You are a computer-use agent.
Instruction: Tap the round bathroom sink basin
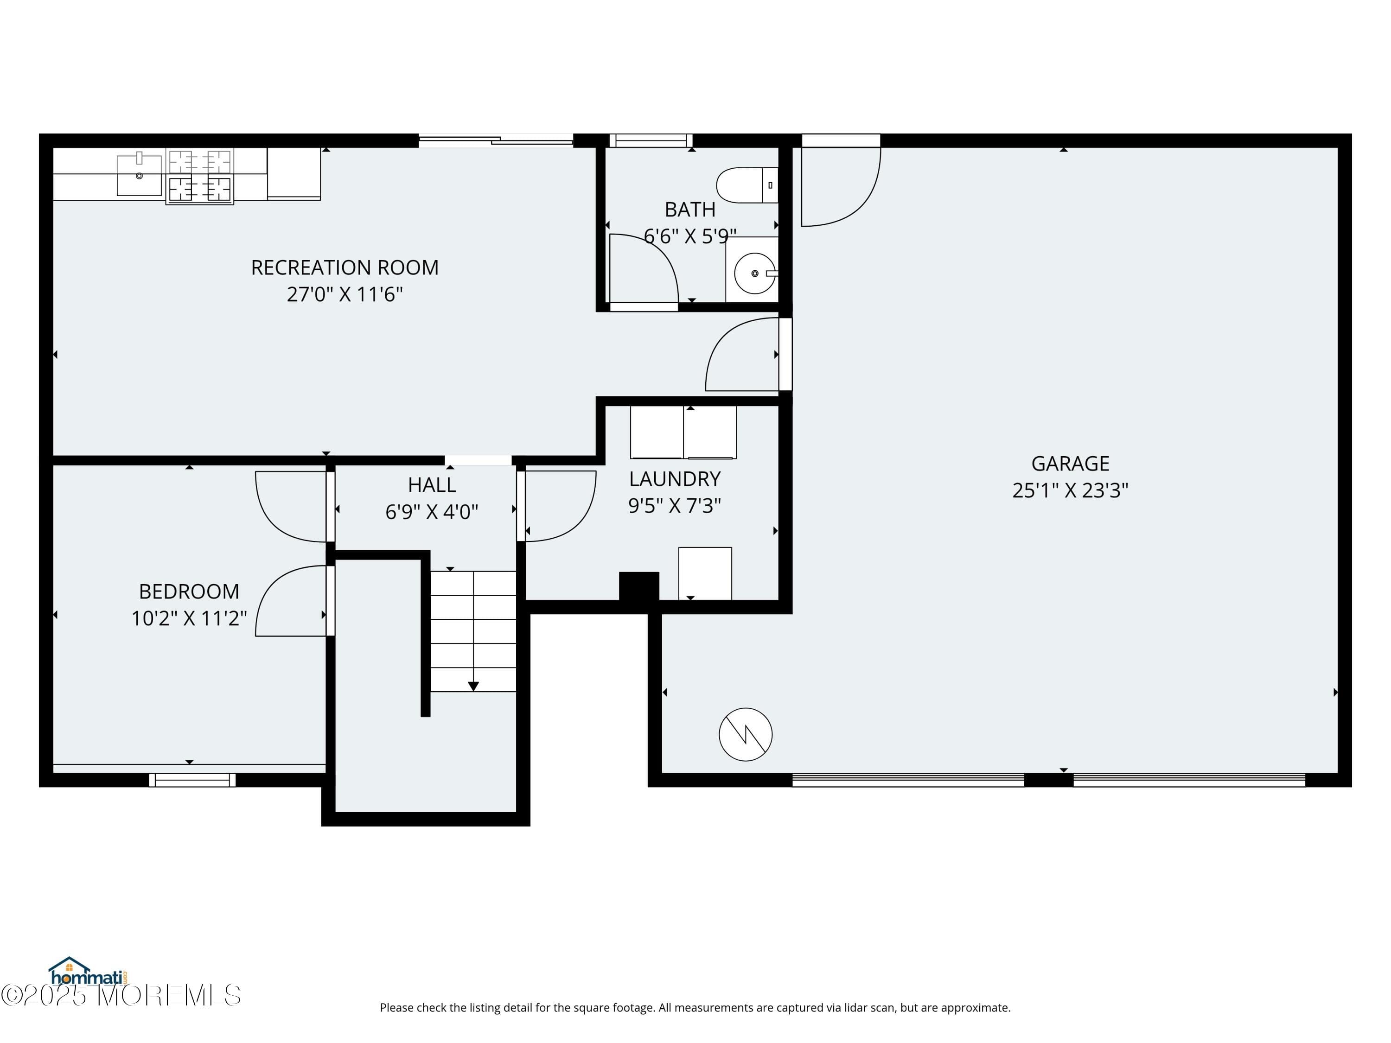[x=754, y=273]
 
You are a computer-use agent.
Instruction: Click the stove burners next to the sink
[x=200, y=176]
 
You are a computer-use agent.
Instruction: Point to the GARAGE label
[x=1070, y=464]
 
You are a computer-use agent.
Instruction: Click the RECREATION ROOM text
[x=345, y=268]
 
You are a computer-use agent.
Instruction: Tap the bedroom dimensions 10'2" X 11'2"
[x=189, y=619]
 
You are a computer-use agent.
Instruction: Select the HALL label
[x=432, y=485]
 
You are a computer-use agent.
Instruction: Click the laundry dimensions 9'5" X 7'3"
[x=674, y=505]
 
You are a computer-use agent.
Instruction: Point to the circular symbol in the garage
[x=745, y=734]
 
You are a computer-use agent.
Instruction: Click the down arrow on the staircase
[x=473, y=687]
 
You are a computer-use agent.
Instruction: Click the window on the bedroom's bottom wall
[x=192, y=780]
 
